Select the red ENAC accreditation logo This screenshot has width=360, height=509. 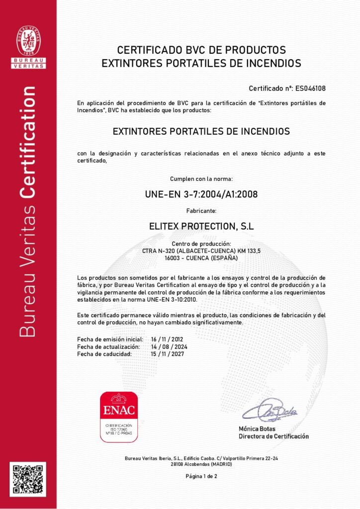(x=119, y=417)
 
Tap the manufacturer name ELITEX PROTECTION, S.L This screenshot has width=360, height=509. (x=201, y=226)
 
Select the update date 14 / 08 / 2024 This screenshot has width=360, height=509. (x=169, y=346)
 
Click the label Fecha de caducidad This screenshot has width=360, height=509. (x=104, y=354)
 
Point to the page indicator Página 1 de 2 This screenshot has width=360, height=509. (x=201, y=476)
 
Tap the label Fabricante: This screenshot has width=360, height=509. (x=201, y=211)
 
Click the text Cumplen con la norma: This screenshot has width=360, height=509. (x=201, y=178)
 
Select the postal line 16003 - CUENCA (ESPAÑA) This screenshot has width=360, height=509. (x=201, y=258)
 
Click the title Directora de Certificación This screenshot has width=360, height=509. (x=273, y=436)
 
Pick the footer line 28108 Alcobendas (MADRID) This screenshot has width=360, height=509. (x=201, y=464)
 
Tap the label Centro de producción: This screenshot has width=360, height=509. (x=201, y=244)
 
